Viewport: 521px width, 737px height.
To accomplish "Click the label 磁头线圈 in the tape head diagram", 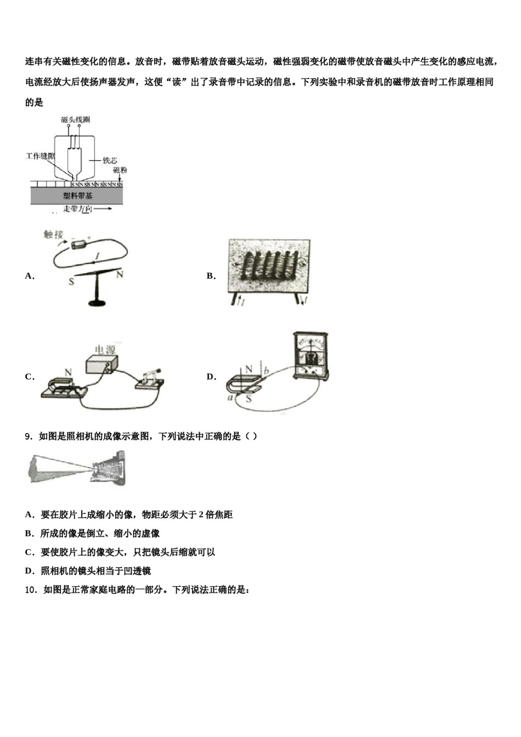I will coord(75,119).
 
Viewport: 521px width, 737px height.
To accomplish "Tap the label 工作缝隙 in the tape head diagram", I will coord(40,156).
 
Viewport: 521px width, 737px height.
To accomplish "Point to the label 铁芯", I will coord(110,161).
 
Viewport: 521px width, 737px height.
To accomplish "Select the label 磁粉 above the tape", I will coord(120,171).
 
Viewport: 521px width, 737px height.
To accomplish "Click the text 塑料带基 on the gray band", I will coord(77,196).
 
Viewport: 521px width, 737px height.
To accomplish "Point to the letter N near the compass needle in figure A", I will coord(120,274).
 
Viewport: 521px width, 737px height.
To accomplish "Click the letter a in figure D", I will coord(230,398).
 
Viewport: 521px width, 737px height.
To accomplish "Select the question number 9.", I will coord(29,436).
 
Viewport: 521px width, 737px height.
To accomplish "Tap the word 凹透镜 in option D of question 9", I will coord(137,571).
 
